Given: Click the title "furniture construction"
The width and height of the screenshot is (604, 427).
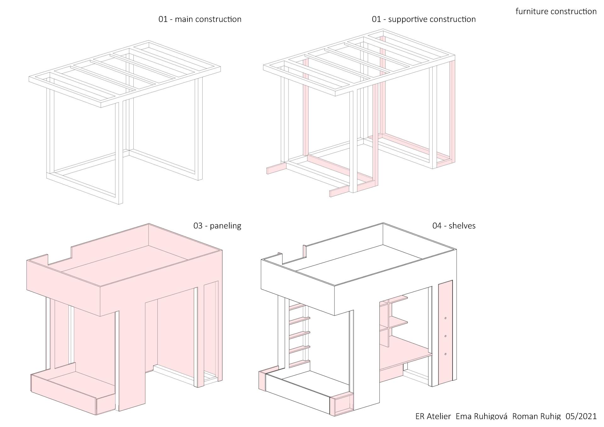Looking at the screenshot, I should pos(556,12).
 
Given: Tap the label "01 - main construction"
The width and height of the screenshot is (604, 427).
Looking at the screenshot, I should pos(200,20).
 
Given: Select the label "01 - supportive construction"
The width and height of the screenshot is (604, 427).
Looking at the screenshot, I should pos(423,20).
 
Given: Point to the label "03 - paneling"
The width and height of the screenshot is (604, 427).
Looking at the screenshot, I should pos(217,226).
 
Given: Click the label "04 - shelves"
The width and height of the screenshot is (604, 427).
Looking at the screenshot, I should pos(454,226).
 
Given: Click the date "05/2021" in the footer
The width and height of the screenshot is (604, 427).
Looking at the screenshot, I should pos(581,416).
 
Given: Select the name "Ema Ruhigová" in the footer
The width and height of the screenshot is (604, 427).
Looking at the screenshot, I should pos(481,416).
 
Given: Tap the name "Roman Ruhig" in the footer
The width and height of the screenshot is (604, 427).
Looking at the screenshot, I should pos(536,416).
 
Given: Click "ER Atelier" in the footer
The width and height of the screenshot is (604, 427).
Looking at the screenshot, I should pos(433,416).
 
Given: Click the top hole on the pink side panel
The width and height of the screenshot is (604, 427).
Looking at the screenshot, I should pos(445,319).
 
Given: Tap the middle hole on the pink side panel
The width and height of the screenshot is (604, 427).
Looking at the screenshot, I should pos(445,336).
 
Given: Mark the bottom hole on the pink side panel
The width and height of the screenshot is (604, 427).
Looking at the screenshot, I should pos(445,354).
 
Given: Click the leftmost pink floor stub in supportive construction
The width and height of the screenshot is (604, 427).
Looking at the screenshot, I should pos(276,168).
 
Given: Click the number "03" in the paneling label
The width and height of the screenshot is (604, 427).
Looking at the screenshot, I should pos(198,226).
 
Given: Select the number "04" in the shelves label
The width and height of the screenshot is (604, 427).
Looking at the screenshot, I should pos(437,226).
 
